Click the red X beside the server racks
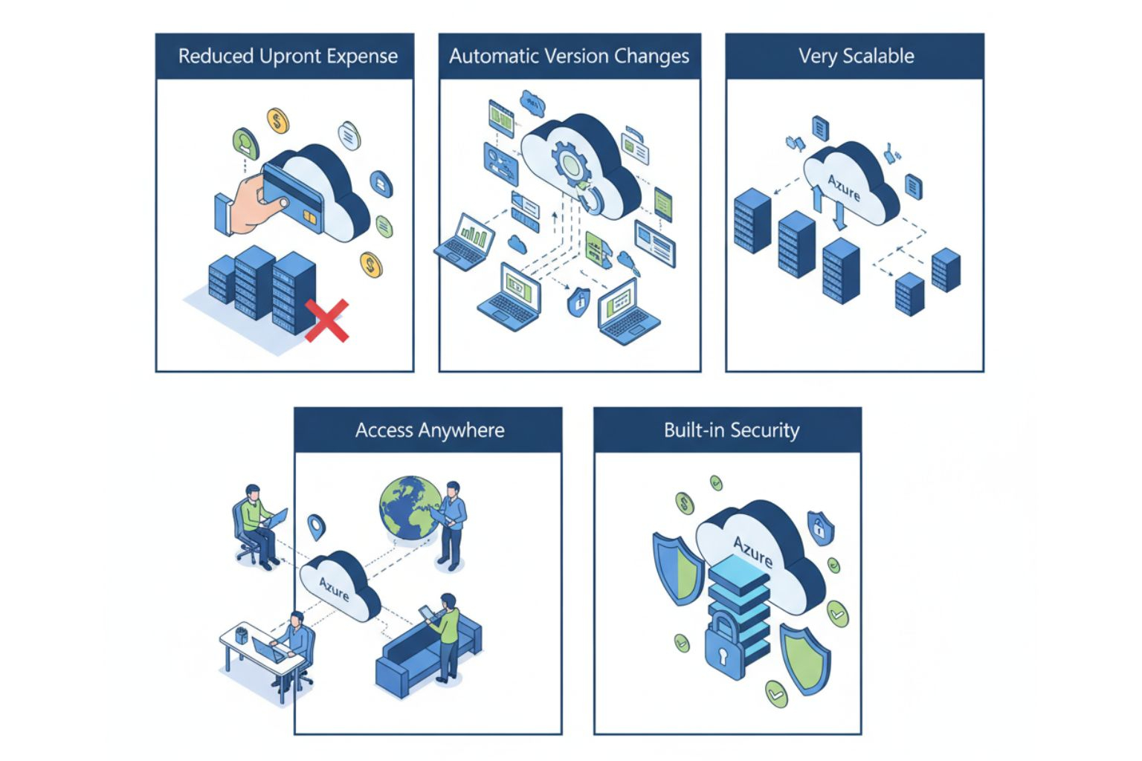coord(326,320)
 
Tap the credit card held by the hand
coord(293,198)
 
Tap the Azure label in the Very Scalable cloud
coord(844,187)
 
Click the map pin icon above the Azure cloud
coord(317,527)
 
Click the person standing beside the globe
coord(451,524)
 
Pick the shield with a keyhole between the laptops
coord(579,302)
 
